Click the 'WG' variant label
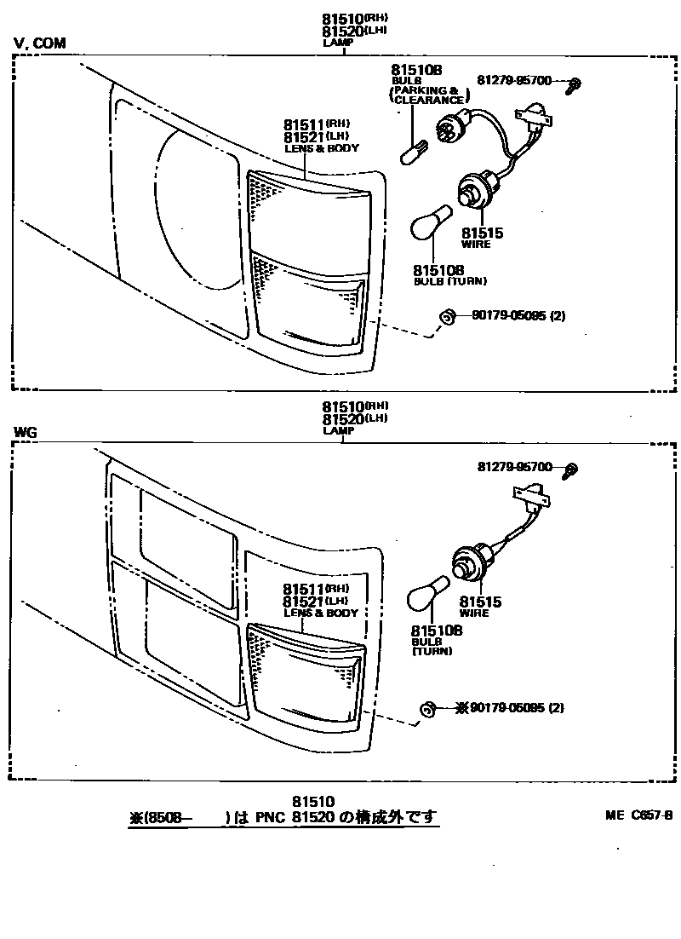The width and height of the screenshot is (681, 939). pos(26,432)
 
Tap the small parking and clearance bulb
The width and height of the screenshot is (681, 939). pos(412,154)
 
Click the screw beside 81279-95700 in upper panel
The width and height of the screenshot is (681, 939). pos(575,84)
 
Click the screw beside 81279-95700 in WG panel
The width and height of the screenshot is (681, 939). pos(572,469)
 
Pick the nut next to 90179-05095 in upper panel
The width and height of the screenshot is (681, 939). pos(445,317)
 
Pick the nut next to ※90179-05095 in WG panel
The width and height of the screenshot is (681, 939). pos(428,708)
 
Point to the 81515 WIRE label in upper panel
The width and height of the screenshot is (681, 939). pos(482,237)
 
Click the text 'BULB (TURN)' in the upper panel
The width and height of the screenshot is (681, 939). pos(444,281)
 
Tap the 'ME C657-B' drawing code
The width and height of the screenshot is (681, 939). pos(638,815)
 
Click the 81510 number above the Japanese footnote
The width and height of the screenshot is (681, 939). pos(312,802)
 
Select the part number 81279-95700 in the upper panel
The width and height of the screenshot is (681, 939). pos(514,81)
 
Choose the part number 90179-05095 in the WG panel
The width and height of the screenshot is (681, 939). pos(510,707)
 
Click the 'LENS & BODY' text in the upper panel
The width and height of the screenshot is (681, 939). pos(321,148)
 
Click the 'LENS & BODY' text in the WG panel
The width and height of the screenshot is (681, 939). pos(320,613)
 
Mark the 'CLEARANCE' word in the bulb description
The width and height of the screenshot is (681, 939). pos(429,101)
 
